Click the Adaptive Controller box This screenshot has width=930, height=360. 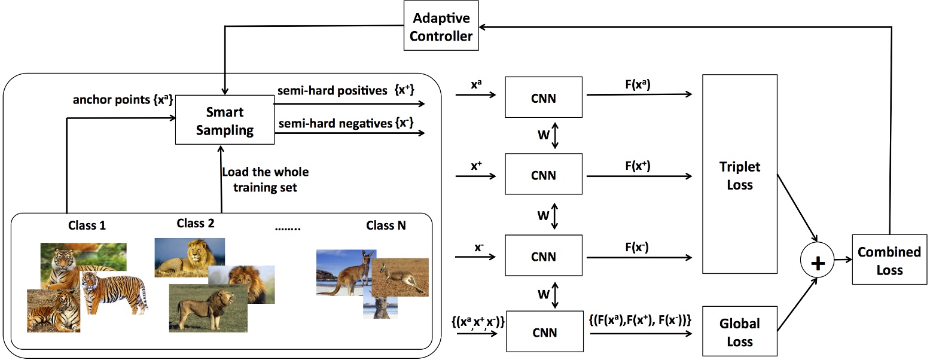pyautogui.click(x=443, y=28)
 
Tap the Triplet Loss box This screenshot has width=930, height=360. pyautogui.click(x=739, y=175)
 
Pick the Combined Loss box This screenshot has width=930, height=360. pyautogui.click(x=889, y=260)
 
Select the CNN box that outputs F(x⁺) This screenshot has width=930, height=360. pyautogui.click(x=544, y=175)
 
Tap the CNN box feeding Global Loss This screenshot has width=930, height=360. pyautogui.click(x=544, y=332)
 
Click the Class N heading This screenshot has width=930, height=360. pyautogui.click(x=386, y=226)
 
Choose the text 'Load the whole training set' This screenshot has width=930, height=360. pyautogui.click(x=265, y=179)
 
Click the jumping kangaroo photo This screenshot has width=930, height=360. pyautogui.click(x=401, y=277)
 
